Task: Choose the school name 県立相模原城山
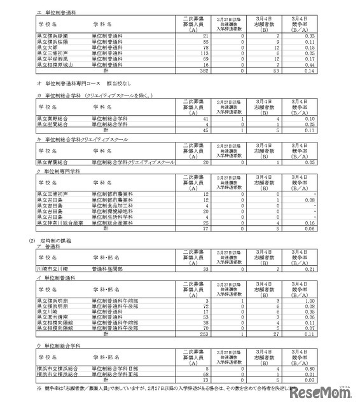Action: tap(53, 65)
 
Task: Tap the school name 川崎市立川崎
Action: tap(51, 269)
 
